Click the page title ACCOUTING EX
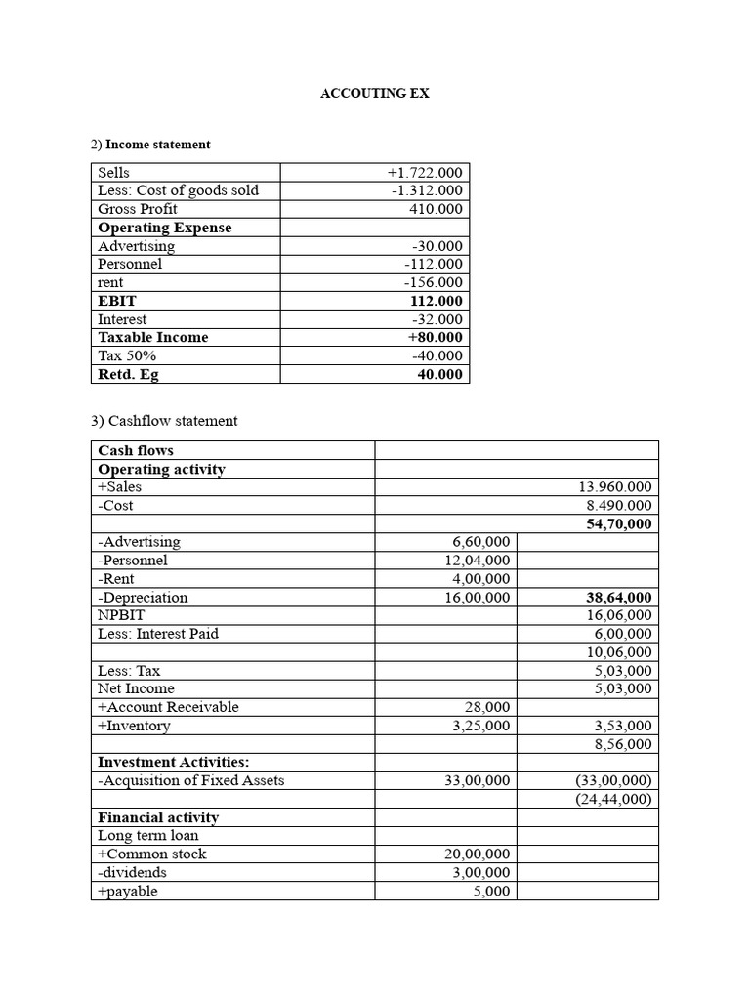point(375,94)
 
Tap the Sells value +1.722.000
point(425,173)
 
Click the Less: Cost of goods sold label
point(178,190)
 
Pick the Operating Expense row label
point(164,228)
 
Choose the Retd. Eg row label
point(128,374)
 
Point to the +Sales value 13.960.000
point(615,487)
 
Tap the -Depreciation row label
point(143,598)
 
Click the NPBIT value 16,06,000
point(619,615)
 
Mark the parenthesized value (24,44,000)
point(613,799)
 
